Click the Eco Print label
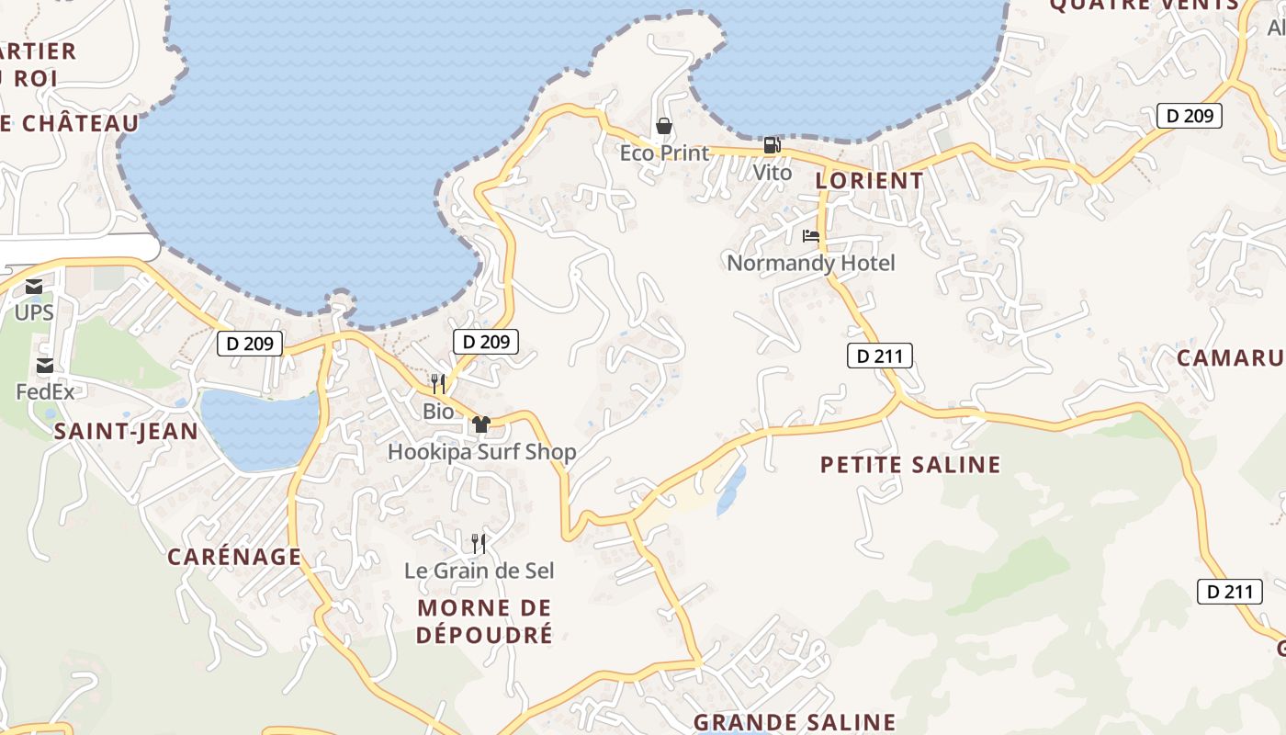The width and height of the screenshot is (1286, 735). pyautogui.click(x=664, y=153)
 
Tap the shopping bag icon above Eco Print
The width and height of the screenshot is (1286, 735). pyautogui.click(x=664, y=126)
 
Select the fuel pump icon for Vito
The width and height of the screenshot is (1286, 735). pyautogui.click(x=772, y=145)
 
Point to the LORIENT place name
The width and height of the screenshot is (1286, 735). pyautogui.click(x=869, y=180)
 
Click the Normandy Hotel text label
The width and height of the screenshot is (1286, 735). pyautogui.click(x=810, y=263)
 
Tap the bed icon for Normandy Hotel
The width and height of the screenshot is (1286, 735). pyautogui.click(x=810, y=236)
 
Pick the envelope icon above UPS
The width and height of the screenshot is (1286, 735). pyautogui.click(x=34, y=287)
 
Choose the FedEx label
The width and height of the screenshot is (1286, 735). pyautogui.click(x=45, y=391)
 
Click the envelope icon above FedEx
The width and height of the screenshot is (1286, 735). pyautogui.click(x=45, y=367)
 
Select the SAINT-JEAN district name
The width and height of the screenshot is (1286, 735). pyautogui.click(x=126, y=432)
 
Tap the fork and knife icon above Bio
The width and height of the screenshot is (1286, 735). pyautogui.click(x=438, y=383)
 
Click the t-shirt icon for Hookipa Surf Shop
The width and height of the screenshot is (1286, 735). pyautogui.click(x=481, y=424)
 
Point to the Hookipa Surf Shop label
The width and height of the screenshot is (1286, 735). pyautogui.click(x=481, y=451)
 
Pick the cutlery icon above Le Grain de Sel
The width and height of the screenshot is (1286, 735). pyautogui.click(x=479, y=543)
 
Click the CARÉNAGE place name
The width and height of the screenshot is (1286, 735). pyautogui.click(x=234, y=557)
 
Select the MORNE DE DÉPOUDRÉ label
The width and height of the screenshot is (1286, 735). pyautogui.click(x=484, y=621)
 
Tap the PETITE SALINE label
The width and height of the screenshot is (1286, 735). pyautogui.click(x=909, y=465)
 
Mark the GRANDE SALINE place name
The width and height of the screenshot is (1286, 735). pyautogui.click(x=794, y=722)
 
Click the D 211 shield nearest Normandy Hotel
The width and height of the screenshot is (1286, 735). pyautogui.click(x=879, y=356)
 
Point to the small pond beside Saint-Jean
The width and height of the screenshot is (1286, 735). pyautogui.click(x=258, y=427)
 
